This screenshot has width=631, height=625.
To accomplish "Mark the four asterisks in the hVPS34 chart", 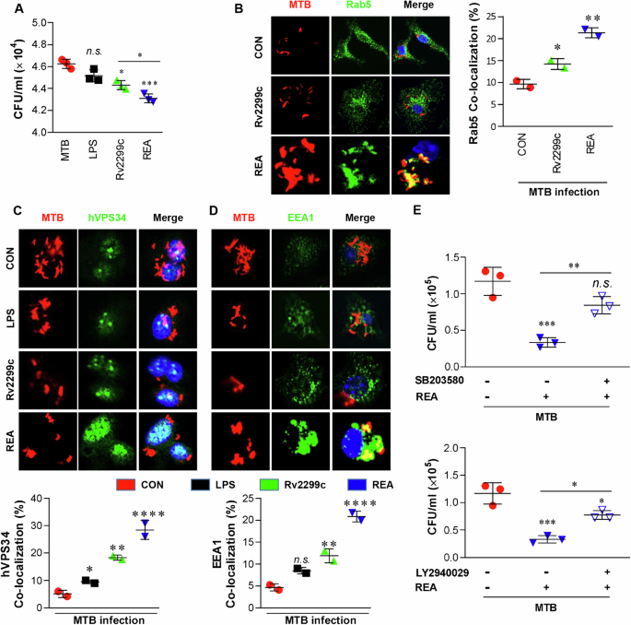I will [x=146, y=514].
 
